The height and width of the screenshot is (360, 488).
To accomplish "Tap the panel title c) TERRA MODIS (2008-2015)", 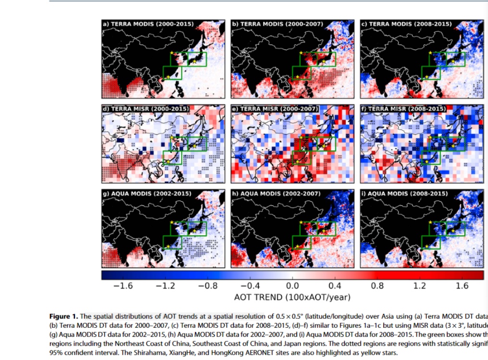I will click(406, 24).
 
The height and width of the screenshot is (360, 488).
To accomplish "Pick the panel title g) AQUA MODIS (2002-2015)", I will click(147, 194).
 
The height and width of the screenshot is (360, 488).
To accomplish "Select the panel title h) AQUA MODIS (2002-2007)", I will click(276, 194).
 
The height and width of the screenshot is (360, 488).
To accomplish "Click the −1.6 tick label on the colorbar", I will click(123, 286).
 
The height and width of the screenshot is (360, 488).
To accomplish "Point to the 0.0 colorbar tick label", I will click(293, 286).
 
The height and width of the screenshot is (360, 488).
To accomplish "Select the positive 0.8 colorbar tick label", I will click(377, 286).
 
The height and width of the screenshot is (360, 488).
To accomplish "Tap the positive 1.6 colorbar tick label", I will click(462, 286).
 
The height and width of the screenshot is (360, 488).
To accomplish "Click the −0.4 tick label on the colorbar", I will click(249, 286).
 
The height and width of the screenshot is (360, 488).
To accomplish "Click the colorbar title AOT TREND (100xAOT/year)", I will click(292, 297).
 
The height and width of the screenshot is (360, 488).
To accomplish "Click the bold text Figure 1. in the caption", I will click(63, 316).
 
